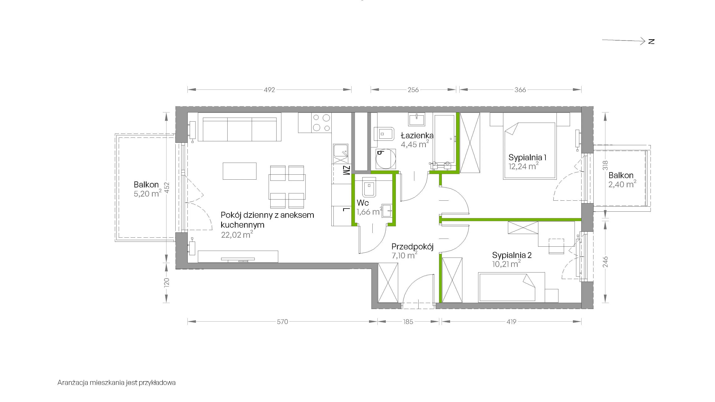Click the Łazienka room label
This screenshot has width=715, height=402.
[x=417, y=136]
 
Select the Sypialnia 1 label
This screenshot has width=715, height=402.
[x=527, y=158]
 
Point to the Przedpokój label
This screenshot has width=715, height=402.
[x=412, y=247]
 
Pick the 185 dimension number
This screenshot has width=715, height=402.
[x=408, y=322]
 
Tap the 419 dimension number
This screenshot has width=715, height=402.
[x=511, y=322]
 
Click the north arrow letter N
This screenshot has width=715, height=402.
[x=651, y=42]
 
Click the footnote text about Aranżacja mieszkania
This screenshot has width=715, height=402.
[x=117, y=383]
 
